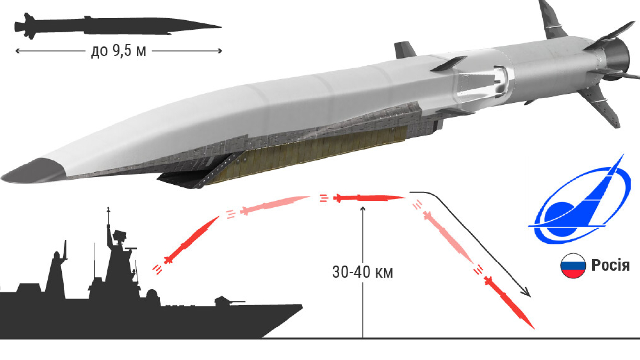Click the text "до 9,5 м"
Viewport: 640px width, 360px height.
point(119,51)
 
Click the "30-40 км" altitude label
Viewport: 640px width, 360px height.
point(363,272)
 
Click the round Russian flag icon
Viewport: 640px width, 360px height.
point(573,266)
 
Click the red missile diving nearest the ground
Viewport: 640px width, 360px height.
point(510,303)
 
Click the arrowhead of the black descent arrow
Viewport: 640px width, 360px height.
point(528,295)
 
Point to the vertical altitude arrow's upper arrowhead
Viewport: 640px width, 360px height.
point(363,209)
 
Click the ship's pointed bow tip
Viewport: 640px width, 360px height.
point(301,306)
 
